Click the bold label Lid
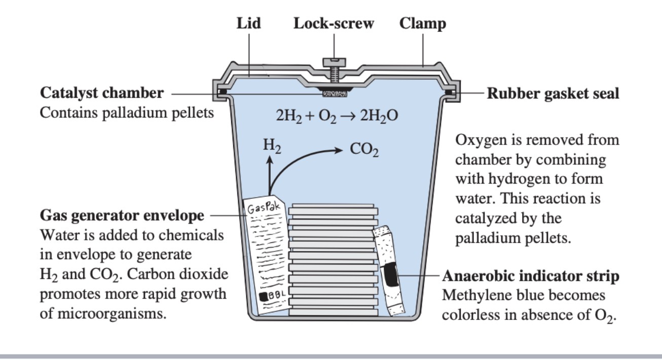click(249, 23)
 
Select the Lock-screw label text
click(334, 23)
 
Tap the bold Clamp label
click(422, 23)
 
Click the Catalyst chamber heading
click(102, 93)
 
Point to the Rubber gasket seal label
click(553, 94)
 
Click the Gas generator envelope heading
click(122, 215)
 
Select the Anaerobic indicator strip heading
click(531, 276)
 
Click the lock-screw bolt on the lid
click(334, 70)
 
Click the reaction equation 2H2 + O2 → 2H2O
click(337, 116)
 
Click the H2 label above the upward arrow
click(272, 146)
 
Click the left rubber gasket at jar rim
click(222, 92)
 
